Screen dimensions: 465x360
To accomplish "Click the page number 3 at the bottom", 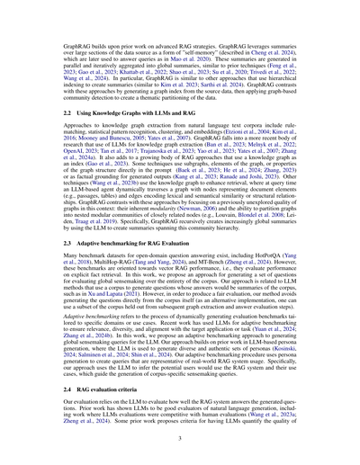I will point(180,440).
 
